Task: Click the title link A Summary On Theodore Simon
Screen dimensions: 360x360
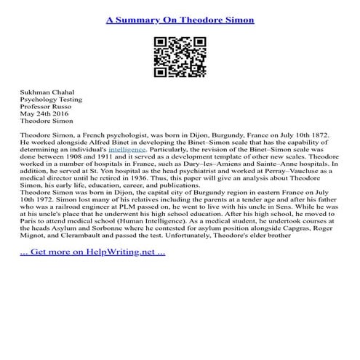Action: point(180,20)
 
